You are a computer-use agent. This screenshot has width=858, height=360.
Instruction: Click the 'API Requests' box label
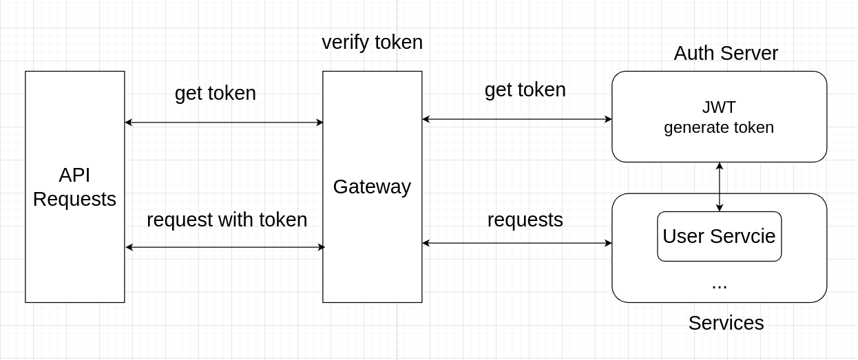74,187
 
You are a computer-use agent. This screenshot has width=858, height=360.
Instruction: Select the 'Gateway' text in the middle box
372,187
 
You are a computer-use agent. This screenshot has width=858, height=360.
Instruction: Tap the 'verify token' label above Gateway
372,43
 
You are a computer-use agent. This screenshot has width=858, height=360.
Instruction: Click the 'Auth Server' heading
726,54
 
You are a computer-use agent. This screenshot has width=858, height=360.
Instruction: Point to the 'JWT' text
719,107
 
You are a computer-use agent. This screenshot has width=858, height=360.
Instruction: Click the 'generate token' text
719,127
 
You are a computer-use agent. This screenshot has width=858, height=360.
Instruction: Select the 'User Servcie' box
719,236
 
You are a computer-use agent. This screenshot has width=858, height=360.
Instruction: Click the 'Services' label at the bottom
726,323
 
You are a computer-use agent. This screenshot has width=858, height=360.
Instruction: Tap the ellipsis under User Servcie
719,284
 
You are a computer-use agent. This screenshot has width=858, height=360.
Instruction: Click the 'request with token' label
227,220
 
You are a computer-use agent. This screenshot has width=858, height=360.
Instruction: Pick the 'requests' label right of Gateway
525,220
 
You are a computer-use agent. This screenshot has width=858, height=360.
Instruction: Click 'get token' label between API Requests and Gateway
215,94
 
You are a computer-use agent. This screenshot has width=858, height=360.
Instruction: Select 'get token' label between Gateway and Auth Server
525,90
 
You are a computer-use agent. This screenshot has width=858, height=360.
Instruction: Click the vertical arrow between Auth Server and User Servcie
720,187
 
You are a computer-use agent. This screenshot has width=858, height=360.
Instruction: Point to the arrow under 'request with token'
224,247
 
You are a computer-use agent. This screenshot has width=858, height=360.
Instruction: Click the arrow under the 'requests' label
516,243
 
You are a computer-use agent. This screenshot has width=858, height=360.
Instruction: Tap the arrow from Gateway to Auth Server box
516,119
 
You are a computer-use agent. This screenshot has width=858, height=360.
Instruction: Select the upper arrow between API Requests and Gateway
224,123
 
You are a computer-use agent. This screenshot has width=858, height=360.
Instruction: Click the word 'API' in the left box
74,176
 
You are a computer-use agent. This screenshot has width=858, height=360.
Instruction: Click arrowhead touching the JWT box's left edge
608,119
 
